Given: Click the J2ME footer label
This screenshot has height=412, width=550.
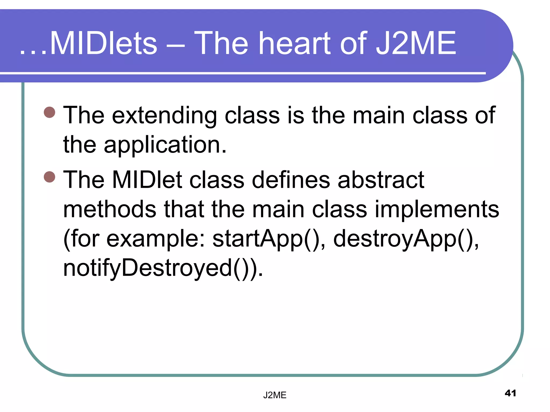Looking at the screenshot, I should [275, 395].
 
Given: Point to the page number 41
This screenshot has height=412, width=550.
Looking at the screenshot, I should [510, 393].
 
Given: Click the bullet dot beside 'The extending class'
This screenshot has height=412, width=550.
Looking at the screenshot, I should [49, 112].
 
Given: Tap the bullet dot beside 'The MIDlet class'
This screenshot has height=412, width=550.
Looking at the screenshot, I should [49, 177].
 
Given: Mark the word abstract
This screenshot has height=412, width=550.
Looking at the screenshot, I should [381, 180].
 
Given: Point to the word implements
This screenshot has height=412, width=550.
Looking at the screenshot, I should [437, 209].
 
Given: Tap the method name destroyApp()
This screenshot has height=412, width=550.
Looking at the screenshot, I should [406, 239].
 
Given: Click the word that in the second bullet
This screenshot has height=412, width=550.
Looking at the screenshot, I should [184, 209].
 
